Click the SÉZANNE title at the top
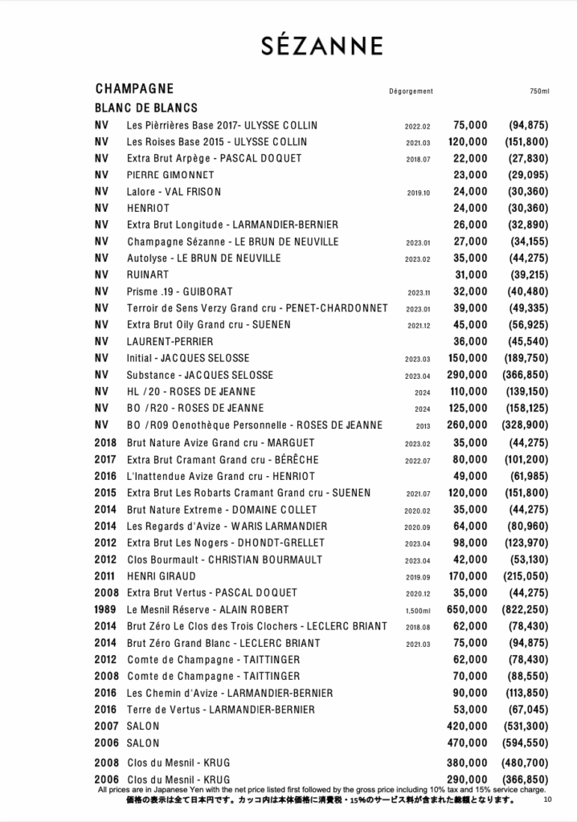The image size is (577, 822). (321, 47)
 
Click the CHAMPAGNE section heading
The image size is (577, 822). (134, 88)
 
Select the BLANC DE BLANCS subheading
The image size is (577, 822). (146, 108)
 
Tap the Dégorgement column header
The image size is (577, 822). (411, 92)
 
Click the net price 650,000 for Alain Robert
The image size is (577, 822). (467, 609)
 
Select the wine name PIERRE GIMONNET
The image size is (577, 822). (170, 175)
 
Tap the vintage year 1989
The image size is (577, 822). (105, 609)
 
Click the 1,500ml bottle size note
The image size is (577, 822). (418, 610)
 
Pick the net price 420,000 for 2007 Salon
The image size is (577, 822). (467, 726)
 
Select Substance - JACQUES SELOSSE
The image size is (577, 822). (200, 375)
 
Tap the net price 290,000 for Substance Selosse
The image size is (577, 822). (467, 375)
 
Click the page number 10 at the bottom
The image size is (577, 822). (547, 799)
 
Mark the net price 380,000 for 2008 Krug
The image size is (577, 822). (467, 762)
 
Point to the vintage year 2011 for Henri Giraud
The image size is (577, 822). (105, 576)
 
